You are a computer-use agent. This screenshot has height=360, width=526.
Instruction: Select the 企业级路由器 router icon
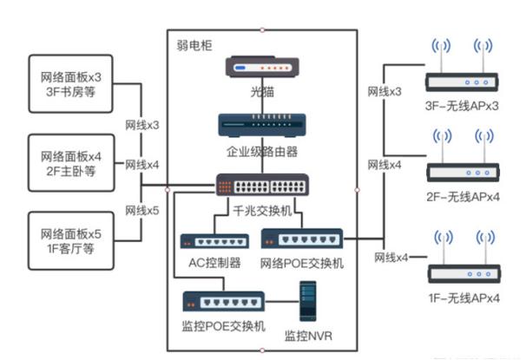(x=262, y=127)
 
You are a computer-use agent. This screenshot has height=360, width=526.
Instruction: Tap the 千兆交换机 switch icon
(x=262, y=186)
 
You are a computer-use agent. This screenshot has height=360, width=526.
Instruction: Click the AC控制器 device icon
(x=208, y=242)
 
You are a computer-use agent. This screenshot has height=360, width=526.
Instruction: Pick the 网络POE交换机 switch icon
(x=302, y=239)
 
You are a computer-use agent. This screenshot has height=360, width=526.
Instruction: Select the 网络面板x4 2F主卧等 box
(x=71, y=162)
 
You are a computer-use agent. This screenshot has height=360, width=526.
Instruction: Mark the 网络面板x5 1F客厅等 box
(x=71, y=240)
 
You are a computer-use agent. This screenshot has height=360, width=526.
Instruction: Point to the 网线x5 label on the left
(x=142, y=211)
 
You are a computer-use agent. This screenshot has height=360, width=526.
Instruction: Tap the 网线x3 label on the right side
(x=384, y=91)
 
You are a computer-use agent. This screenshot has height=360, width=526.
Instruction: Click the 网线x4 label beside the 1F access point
(x=391, y=258)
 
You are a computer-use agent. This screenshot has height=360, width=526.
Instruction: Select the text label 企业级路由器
(x=262, y=152)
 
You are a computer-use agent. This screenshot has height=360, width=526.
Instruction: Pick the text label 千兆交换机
(x=261, y=210)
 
